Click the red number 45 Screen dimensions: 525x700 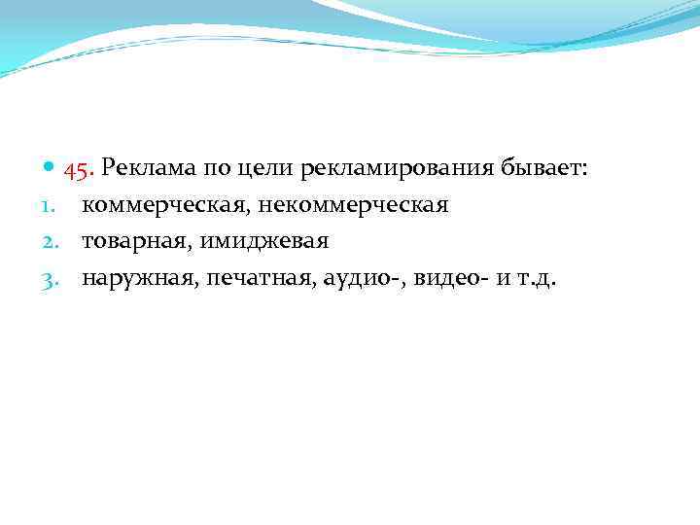(78, 169)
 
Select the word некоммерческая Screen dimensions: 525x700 (352, 206)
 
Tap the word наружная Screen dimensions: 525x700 (139, 279)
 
